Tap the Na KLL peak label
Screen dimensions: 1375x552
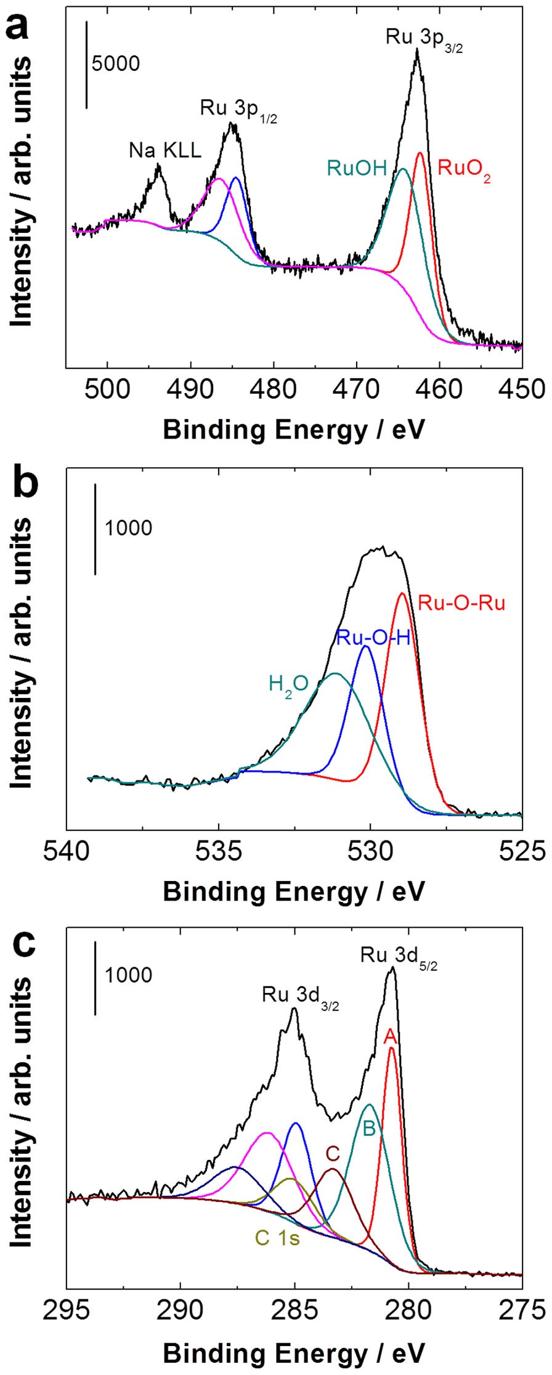(165, 150)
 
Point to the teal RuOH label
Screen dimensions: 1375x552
(357, 168)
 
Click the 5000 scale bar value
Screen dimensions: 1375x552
(116, 63)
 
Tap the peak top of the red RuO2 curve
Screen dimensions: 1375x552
(420, 153)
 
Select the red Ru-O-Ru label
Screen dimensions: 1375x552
(461, 602)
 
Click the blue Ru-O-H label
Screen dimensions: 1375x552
(373, 638)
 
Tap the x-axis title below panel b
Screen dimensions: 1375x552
(294, 891)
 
